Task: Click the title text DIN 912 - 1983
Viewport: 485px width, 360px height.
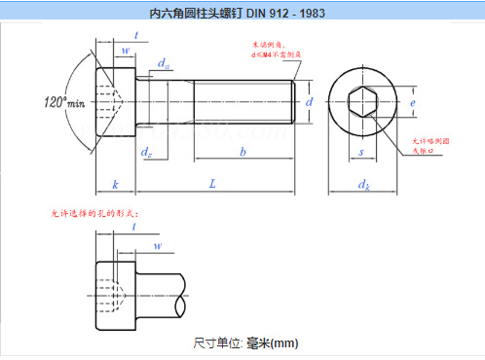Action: pos(242,14)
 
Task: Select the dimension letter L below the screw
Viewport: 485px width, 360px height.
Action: pos(210,183)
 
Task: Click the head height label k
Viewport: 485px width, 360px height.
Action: pos(115,183)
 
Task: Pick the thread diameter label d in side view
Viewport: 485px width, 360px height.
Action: pos(308,101)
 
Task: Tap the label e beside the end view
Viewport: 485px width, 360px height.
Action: pos(413,101)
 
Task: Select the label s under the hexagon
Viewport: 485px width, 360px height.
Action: pos(361,152)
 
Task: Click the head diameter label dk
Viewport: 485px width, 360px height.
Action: pos(363,184)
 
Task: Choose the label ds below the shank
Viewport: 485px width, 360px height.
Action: pos(146,152)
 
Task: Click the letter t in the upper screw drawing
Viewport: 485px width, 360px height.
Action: pos(135,35)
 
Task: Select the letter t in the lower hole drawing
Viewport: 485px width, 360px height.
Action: pos(133,227)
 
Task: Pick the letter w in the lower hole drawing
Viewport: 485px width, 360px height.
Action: pos(158,246)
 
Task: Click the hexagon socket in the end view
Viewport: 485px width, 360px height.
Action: pos(361,101)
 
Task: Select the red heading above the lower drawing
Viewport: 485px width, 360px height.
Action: pos(94,212)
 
